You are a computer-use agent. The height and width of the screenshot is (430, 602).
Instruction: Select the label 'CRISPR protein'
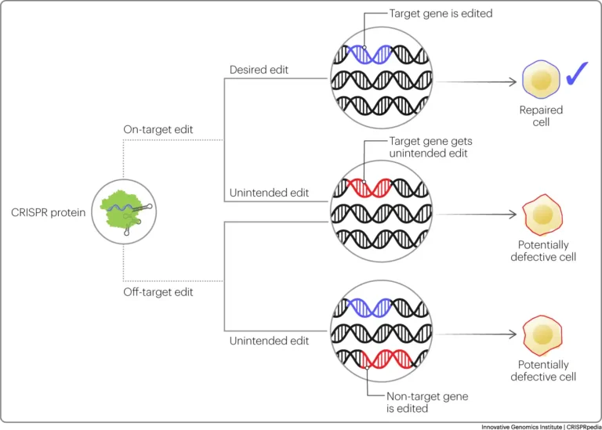pos(49,212)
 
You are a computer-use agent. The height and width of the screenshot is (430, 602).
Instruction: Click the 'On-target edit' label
pos(158,130)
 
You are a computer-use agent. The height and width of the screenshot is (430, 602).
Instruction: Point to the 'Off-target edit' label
pos(158,292)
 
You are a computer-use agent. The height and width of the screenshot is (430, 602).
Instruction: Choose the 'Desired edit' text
pos(259,70)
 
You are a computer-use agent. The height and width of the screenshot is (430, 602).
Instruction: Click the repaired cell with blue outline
pos(541,79)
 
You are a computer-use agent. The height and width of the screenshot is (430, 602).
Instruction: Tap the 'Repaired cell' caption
pos(541,116)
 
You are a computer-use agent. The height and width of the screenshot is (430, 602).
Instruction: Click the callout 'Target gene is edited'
pos(441,13)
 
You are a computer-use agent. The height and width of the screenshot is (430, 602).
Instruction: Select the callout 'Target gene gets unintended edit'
pos(431,147)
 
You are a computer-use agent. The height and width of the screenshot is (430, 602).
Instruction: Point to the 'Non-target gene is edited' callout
pos(427,402)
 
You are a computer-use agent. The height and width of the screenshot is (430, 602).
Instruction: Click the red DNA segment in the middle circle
pos(369,187)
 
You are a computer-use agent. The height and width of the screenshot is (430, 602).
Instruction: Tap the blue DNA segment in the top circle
pos(369,54)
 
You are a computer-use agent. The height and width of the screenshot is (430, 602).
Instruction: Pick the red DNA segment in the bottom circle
pos(387,359)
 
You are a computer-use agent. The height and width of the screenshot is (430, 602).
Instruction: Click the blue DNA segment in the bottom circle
pos(369,308)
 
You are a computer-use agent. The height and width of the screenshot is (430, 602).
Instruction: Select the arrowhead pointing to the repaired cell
pos(513,81)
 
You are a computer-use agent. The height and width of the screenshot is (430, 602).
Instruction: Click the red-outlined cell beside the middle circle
pos(542,215)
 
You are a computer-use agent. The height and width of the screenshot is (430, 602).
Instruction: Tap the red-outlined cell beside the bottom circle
pos(542,335)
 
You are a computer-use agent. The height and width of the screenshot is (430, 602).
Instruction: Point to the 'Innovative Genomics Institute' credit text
pos(521,427)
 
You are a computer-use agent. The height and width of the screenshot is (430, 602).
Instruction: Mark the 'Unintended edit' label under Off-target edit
pos(269,341)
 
